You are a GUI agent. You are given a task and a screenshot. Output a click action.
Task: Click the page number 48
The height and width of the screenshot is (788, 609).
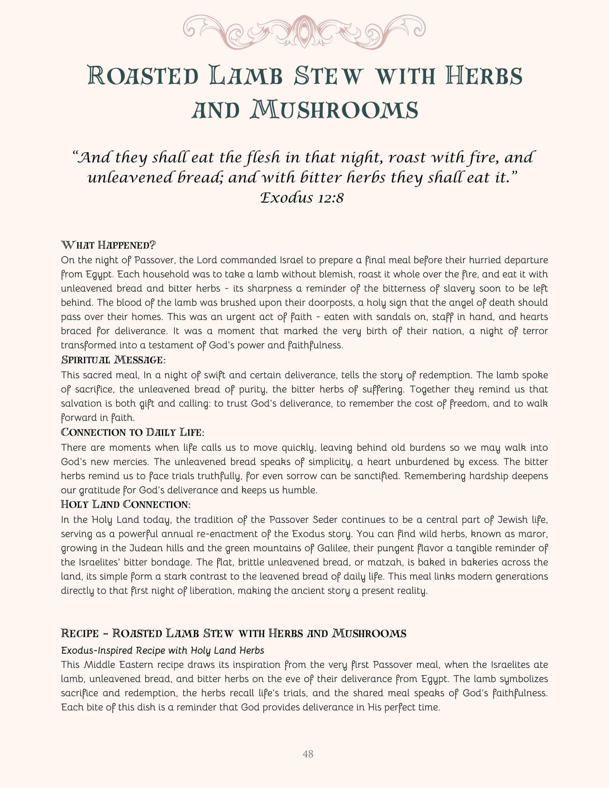point(308,754)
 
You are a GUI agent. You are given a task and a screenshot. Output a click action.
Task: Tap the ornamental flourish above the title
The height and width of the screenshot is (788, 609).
point(304,31)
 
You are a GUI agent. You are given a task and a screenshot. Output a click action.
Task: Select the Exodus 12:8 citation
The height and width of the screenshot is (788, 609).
point(302,197)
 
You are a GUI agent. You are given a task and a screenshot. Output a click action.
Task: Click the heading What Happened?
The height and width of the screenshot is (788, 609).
point(108,245)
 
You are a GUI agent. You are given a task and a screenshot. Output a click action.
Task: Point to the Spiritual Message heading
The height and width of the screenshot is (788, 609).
point(113,360)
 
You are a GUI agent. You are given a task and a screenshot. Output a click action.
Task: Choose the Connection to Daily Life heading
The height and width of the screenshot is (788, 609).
point(132,432)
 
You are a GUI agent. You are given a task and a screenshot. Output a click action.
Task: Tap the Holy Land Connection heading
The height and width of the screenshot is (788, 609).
point(126,504)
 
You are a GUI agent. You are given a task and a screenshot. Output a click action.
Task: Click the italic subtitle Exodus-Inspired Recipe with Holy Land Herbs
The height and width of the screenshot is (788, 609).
point(162,650)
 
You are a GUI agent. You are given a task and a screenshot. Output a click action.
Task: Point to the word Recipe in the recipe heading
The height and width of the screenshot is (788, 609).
point(80,634)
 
